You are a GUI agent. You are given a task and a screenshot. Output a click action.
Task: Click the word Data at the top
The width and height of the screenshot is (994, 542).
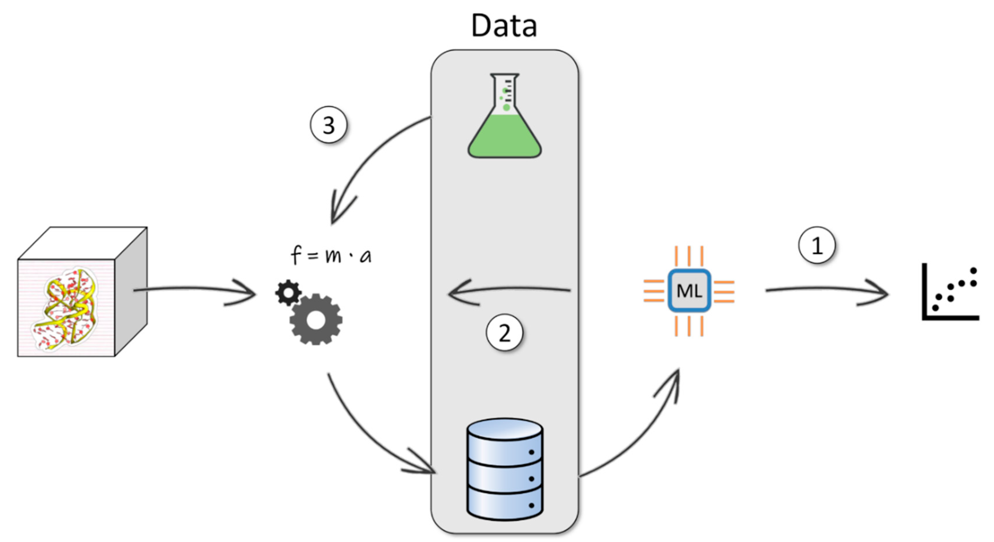click(504, 26)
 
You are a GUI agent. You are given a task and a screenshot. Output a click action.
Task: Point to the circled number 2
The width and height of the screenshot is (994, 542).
click(504, 332)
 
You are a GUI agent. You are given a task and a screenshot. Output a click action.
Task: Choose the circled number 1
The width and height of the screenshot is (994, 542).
click(816, 245)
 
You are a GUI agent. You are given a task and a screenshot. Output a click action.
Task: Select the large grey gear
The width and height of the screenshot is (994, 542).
click(316, 319)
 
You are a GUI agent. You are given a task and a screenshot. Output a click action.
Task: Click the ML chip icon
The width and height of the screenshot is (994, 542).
click(689, 291)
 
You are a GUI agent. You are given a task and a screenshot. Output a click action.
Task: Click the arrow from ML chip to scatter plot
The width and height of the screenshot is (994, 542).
click(826, 290)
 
